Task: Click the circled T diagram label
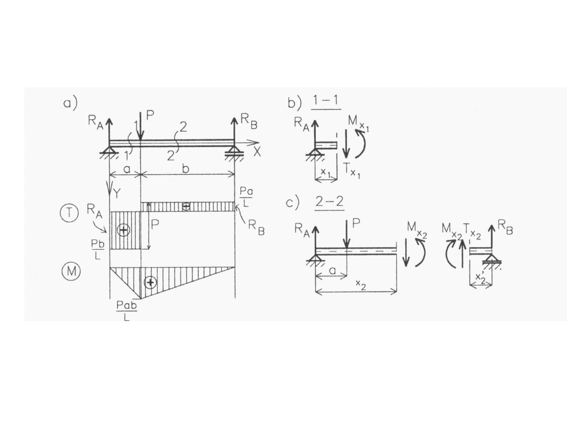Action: pyautogui.click(x=69, y=213)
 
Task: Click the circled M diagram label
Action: pyautogui.click(x=71, y=271)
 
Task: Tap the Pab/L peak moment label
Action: pyautogui.click(x=127, y=311)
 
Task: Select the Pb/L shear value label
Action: pyautogui.click(x=98, y=249)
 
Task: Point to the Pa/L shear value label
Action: pyautogui.click(x=246, y=196)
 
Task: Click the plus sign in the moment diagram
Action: pyautogui.click(x=150, y=283)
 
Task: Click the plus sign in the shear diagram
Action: pyautogui.click(x=123, y=230)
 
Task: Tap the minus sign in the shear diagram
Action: pyautogui.click(x=186, y=206)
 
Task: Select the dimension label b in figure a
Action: pyautogui.click(x=186, y=169)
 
